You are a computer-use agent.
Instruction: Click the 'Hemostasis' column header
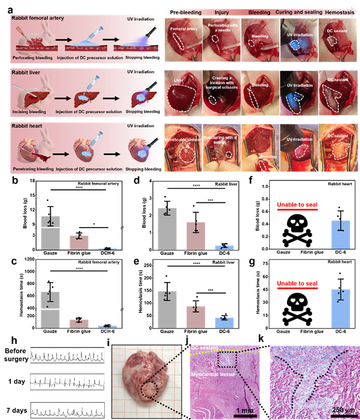click(x=337, y=12)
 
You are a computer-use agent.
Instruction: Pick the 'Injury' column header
click(x=221, y=12)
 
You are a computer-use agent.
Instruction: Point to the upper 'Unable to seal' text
click(x=298, y=205)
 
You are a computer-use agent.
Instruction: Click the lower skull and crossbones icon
click(x=298, y=308)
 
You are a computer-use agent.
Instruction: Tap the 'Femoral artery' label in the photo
click(x=183, y=28)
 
